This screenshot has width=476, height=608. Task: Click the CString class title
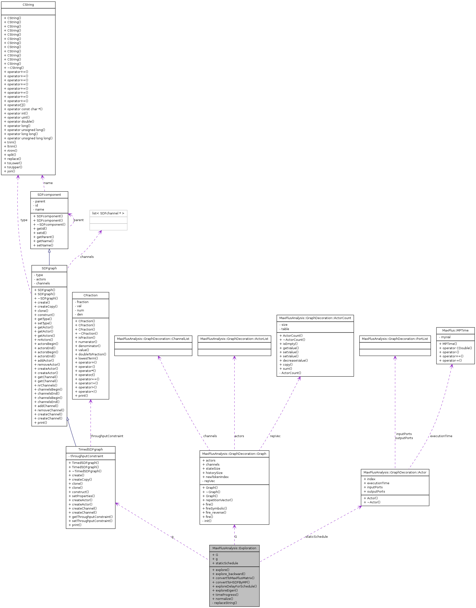point(28,5)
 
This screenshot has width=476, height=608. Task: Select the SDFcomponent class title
point(49,195)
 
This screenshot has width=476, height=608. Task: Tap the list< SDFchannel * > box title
point(108,213)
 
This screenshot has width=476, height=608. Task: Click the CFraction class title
point(90,295)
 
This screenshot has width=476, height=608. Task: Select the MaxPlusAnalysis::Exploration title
point(234,548)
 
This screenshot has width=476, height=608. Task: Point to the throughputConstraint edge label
point(107,436)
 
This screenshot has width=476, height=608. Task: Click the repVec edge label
point(275,436)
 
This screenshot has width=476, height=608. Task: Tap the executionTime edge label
point(441,436)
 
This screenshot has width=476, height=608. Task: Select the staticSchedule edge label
point(316,537)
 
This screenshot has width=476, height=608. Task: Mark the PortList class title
point(395,339)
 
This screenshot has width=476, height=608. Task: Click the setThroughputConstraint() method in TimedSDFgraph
point(92,521)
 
